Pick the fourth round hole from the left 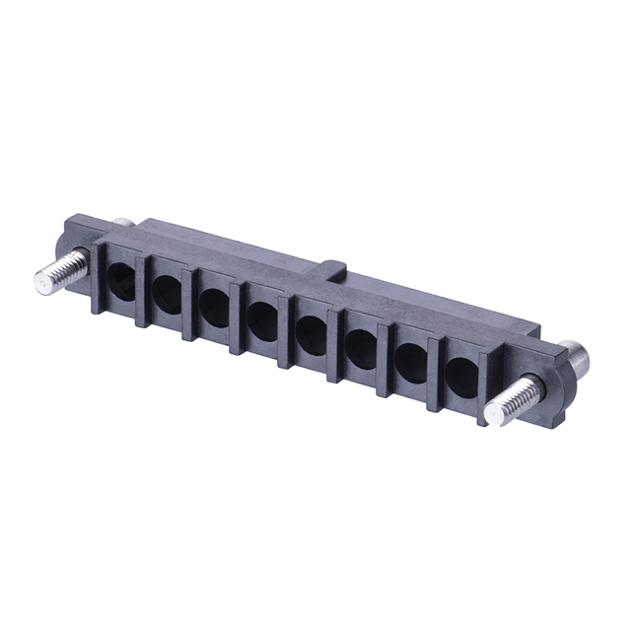(x=263, y=319)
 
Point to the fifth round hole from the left (x=312, y=333)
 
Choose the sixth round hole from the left (x=361, y=347)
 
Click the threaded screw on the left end (x=58, y=271)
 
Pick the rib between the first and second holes (x=142, y=292)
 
